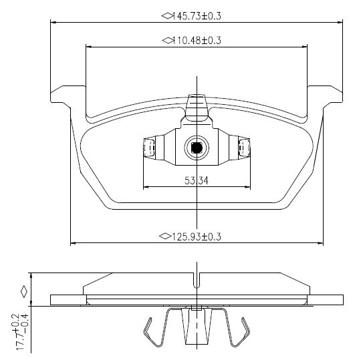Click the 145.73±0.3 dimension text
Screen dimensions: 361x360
click(x=197, y=16)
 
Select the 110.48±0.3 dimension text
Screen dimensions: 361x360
click(x=197, y=41)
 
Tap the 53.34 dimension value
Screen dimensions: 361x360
click(x=197, y=180)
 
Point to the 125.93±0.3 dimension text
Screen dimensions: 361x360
click(x=197, y=236)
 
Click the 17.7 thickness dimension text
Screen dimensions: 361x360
click(x=22, y=332)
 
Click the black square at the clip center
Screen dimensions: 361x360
click(x=197, y=148)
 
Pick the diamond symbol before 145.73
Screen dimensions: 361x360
click(x=167, y=16)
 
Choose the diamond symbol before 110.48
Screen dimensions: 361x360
click(x=167, y=41)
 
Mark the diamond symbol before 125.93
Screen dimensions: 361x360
click(x=165, y=236)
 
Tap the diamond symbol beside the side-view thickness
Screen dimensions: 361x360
click(x=23, y=292)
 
